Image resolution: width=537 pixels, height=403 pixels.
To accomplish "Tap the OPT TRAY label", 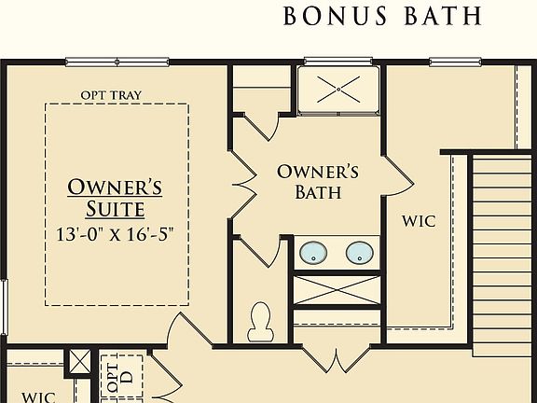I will (110, 93).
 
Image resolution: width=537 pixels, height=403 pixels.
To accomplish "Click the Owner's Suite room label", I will (114, 197).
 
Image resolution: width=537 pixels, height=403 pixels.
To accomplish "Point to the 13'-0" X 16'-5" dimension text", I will (116, 232).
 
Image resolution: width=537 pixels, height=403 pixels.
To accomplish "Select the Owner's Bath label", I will (318, 182).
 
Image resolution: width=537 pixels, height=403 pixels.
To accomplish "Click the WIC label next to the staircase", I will (419, 222).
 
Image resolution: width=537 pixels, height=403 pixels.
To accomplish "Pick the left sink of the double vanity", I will (313, 252).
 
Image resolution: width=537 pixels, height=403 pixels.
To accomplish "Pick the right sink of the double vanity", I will (359, 252).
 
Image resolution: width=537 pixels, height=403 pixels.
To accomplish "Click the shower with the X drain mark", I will (339, 89).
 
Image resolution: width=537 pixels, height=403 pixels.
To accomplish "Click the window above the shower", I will (338, 62).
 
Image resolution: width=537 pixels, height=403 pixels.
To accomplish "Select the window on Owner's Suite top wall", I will (117, 63).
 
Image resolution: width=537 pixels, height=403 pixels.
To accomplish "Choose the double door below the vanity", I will (333, 354).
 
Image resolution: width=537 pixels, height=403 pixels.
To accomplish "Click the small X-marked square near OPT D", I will (80, 360).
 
